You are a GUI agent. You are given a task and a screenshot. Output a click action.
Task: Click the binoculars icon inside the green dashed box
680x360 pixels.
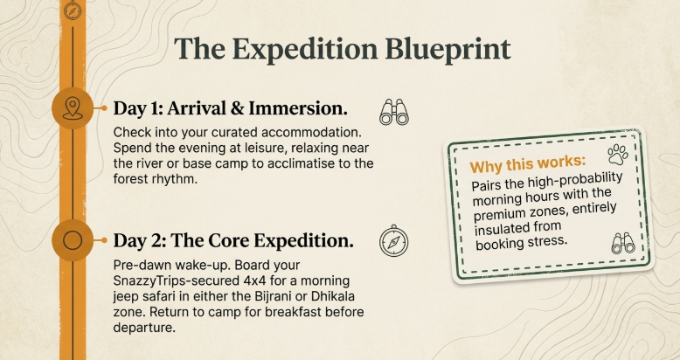pos(622,244)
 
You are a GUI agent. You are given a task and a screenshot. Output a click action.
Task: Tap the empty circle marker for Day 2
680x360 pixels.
pos(73,239)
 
